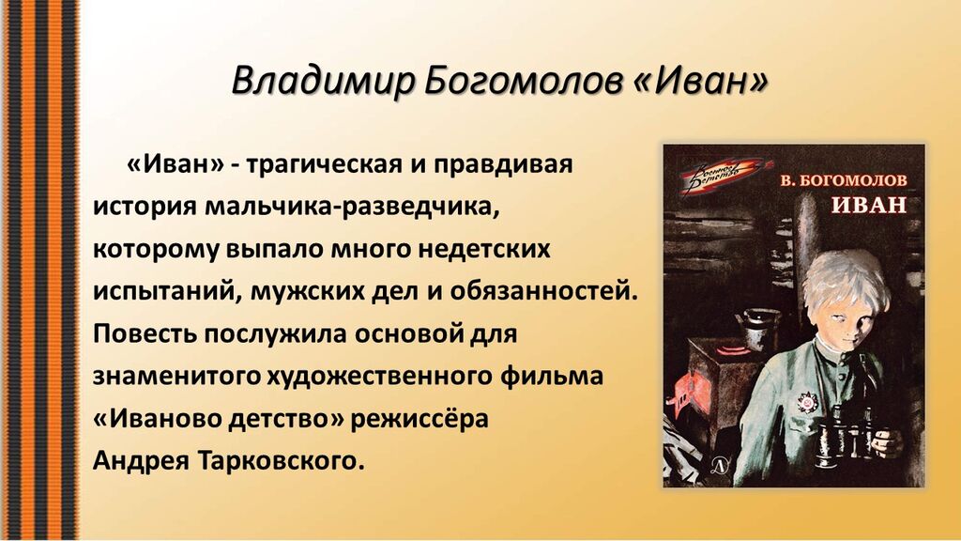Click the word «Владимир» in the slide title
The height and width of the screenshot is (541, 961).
point(323,81)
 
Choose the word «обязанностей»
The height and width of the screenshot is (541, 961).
point(543,290)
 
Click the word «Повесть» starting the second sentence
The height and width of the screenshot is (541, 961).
point(145,334)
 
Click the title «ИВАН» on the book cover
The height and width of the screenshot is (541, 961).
point(868,204)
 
